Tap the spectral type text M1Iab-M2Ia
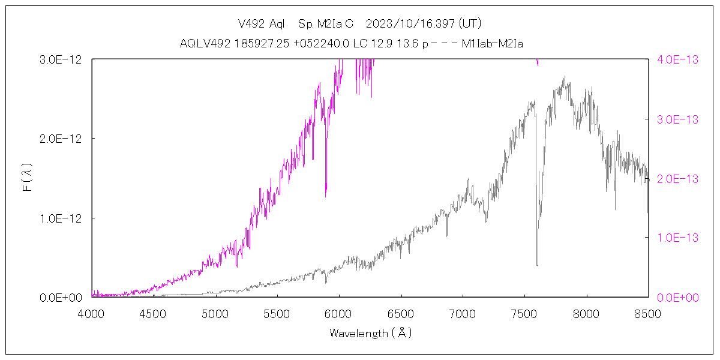tap(493, 44)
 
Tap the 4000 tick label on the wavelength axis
tap(92, 313)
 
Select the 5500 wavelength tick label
tap(277, 313)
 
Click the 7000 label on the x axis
tap(463, 313)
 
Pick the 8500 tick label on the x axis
tap(648, 313)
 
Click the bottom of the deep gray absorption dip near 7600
tap(537, 265)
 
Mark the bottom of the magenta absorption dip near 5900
tap(326, 196)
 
